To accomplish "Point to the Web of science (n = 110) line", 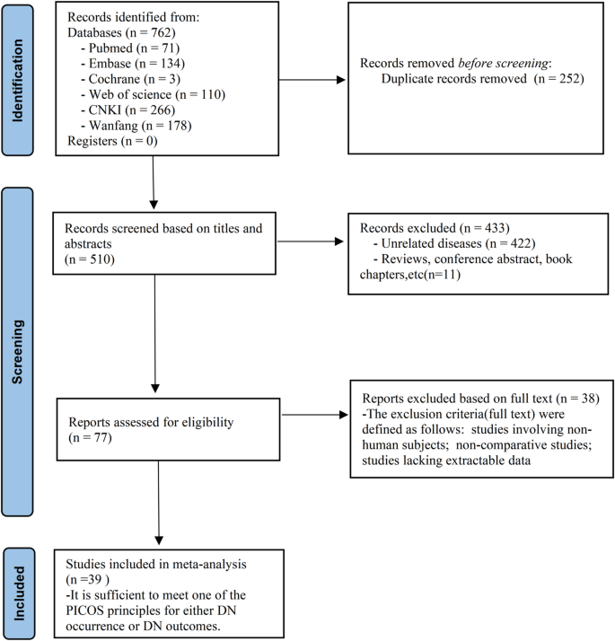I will (152, 94).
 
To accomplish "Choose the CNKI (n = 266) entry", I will (126, 110).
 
